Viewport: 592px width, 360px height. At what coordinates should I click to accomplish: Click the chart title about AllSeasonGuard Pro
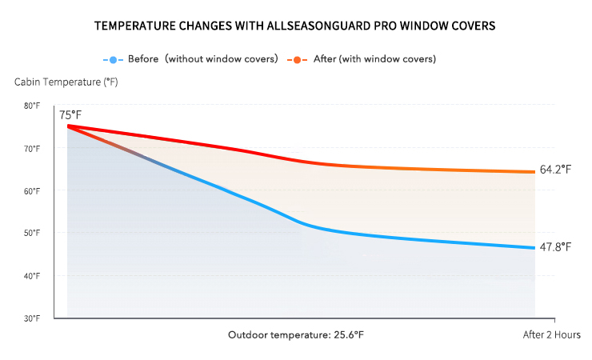[x=295, y=26]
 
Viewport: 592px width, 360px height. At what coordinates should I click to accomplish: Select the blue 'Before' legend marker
[x=113, y=59]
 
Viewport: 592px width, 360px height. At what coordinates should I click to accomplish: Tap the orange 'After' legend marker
[x=297, y=59]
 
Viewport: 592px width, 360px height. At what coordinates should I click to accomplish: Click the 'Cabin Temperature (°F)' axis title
[x=66, y=82]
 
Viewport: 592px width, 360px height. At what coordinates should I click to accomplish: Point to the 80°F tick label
[x=32, y=106]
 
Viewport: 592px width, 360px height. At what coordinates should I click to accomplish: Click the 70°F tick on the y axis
[x=32, y=148]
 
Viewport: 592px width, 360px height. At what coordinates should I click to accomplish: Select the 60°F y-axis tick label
[x=32, y=190]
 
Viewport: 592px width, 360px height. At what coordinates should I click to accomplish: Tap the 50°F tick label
[x=32, y=233]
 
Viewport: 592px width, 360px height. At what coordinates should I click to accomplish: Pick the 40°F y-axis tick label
[x=32, y=275]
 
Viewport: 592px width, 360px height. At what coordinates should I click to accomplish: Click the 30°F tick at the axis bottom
[x=32, y=318]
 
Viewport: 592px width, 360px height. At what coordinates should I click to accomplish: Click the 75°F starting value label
[x=70, y=115]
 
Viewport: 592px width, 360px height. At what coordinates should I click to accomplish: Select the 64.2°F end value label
[x=555, y=170]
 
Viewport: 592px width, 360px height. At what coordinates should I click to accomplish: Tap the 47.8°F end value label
[x=555, y=246]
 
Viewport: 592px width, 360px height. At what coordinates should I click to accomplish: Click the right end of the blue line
[x=534, y=247]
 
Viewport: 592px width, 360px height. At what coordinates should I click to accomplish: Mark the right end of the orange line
[x=534, y=171]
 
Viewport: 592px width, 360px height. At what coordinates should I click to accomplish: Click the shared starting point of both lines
[x=69, y=126]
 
